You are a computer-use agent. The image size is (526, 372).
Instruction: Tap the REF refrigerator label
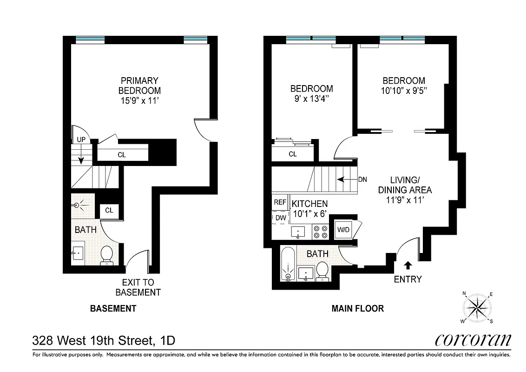click(280, 202)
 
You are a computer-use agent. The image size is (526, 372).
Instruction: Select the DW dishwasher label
click(280, 218)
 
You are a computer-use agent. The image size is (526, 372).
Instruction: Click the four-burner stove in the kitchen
click(320, 232)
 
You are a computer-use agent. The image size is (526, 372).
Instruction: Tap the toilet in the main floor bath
click(322, 271)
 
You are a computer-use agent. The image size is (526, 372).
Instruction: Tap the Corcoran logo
click(473, 340)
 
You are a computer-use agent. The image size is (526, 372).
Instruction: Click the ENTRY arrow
click(408, 266)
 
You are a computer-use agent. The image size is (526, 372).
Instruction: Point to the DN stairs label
click(363, 179)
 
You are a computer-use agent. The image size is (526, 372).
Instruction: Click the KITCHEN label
click(309, 204)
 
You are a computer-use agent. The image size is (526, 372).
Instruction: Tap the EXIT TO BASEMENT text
click(138, 287)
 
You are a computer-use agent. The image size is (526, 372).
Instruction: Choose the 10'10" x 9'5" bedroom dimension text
click(403, 91)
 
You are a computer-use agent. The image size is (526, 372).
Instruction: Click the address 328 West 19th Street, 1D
click(104, 340)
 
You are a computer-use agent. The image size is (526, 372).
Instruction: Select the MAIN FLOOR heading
click(357, 308)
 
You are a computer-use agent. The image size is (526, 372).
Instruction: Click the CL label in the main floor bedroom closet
click(293, 154)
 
